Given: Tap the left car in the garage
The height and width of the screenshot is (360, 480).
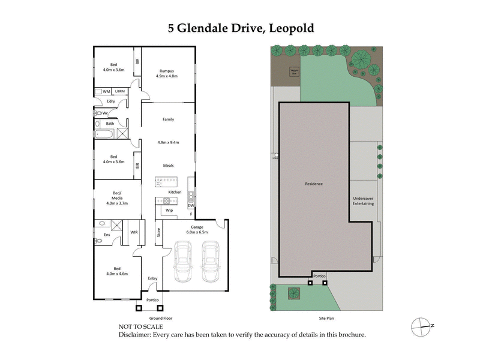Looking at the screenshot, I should point(184,262).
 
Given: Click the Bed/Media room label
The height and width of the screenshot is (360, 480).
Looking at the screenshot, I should point(117,199).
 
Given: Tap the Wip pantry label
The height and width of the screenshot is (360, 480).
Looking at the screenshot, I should point(169,211).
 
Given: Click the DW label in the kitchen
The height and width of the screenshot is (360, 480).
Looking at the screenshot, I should point(191,205).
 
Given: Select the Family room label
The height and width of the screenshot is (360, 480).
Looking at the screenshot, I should point(169,119).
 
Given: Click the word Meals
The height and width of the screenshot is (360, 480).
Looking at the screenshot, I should point(169,165).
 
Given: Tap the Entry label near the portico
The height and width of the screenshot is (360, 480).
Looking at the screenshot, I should point(152,278).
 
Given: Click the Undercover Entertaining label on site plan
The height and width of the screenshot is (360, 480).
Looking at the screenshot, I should point(364,201).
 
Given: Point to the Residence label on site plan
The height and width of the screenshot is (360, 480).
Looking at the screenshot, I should point(314,184).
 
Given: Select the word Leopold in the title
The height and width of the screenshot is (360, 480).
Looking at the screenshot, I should point(292,28).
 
